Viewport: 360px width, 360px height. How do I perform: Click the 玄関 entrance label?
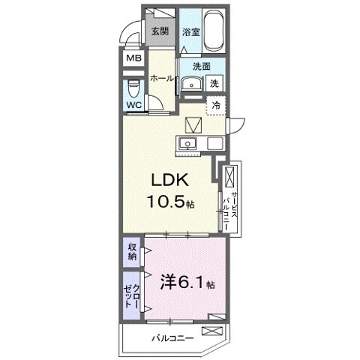(x=158, y=31)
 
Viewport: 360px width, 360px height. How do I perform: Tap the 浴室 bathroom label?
(x=191, y=32)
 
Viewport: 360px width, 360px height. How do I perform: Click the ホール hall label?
(x=161, y=79)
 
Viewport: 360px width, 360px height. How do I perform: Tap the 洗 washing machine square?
(x=214, y=83)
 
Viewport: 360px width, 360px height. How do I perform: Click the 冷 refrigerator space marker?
(x=216, y=106)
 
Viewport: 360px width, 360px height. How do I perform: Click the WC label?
(x=134, y=105)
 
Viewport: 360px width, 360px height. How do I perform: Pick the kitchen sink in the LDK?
(x=186, y=143)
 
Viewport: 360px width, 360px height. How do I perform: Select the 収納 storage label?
(x=132, y=253)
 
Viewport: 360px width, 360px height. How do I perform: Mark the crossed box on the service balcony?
(x=229, y=178)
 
